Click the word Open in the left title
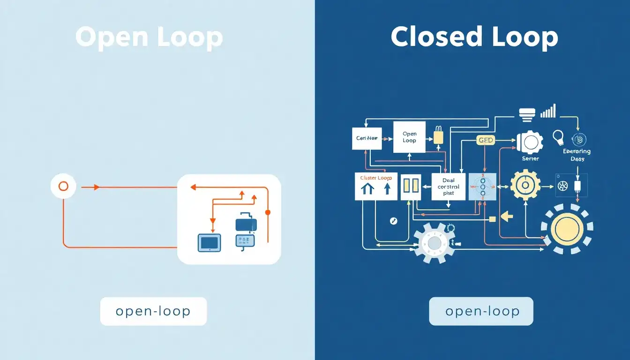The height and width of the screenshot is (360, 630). pyautogui.click(x=111, y=37)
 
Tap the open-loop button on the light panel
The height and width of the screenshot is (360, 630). pyautogui.click(x=153, y=311)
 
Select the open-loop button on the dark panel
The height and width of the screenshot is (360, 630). pyautogui.click(x=481, y=311)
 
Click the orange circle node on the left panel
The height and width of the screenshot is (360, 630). pyautogui.click(x=63, y=187)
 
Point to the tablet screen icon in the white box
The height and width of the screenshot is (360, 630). pyautogui.click(x=209, y=243)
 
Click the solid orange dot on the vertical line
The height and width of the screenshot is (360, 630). pyautogui.click(x=268, y=212)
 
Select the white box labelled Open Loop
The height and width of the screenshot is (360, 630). pyautogui.click(x=409, y=137)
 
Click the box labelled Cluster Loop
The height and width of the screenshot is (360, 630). pyautogui.click(x=376, y=186)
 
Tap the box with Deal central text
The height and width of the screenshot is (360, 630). pyautogui.click(x=448, y=187)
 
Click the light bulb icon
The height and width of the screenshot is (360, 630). pyautogui.click(x=558, y=137)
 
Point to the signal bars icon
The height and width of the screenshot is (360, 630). pyautogui.click(x=548, y=111)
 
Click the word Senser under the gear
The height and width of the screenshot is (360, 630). pyautogui.click(x=530, y=158)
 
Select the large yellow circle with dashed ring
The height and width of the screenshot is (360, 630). pyautogui.click(x=567, y=228)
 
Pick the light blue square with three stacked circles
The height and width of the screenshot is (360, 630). pyautogui.click(x=482, y=187)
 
